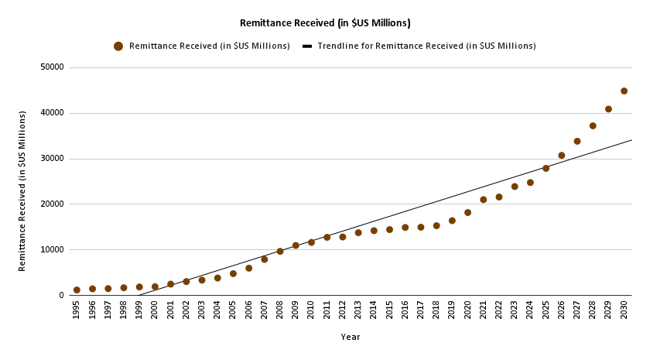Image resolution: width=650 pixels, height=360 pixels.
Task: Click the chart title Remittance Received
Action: pos(325,23)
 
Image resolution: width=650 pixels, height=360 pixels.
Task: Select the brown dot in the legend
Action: pos(118,46)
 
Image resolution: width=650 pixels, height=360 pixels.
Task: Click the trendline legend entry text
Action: pos(425,46)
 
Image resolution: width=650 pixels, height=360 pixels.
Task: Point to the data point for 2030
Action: pos(624,91)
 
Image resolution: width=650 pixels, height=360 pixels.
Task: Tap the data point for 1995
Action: pos(77,290)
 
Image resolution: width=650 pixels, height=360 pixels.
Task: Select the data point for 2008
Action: pos(280,251)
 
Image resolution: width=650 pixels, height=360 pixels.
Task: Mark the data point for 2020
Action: pos(467,212)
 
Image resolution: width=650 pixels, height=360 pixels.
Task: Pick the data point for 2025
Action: pos(546,168)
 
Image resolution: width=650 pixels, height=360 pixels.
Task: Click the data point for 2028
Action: pos(593,125)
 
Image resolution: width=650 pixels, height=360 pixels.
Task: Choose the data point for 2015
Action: pos(389,229)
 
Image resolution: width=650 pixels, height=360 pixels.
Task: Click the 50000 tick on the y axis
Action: pos(52,67)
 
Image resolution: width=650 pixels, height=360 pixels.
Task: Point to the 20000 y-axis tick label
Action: pos(52,204)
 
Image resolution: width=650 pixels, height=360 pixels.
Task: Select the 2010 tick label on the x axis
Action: pos(311,310)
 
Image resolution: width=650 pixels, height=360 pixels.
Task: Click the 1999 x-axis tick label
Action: pos(139,310)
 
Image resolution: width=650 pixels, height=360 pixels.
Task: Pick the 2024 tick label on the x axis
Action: pos(530,310)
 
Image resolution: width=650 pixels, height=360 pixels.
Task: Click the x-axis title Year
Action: pos(351,338)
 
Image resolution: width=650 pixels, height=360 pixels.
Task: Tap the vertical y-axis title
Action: pos(22,190)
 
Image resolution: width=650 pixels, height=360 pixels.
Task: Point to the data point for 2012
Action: pos(343,237)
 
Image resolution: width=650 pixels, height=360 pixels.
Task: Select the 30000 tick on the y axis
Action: pos(52,159)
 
